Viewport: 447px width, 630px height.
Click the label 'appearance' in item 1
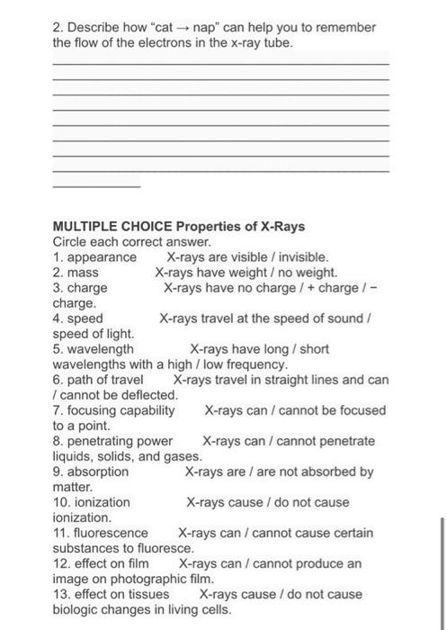pyautogui.click(x=103, y=256)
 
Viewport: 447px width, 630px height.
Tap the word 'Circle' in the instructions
pyautogui.click(x=71, y=241)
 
